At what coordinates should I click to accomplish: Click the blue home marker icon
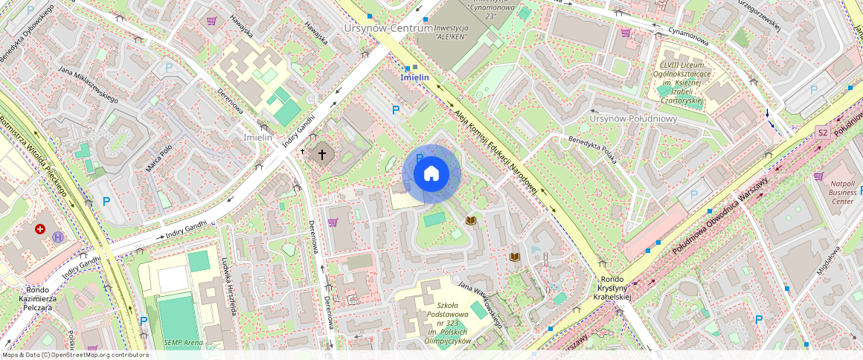(431, 174)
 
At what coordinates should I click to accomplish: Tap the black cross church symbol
(322, 155)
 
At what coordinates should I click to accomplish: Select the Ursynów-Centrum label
(388, 28)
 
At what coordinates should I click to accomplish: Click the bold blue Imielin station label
(414, 77)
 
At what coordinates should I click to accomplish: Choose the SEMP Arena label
(182, 343)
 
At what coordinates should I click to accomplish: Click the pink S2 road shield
(822, 132)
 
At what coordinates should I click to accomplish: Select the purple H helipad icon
(58, 237)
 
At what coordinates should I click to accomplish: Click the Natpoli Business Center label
(843, 192)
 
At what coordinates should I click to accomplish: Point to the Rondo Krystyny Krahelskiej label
(612, 288)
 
